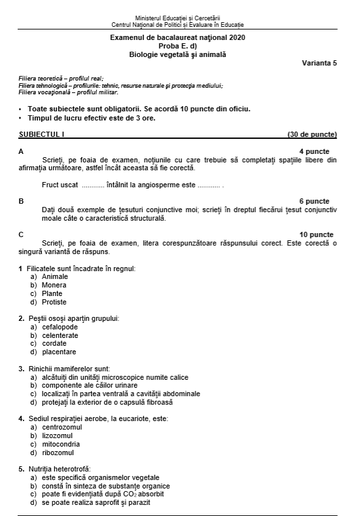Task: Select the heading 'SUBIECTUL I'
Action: coord(42,134)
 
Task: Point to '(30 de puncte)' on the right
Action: coord(312,134)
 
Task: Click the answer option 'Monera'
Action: coord(54,285)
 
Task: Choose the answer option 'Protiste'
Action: coord(54,302)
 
